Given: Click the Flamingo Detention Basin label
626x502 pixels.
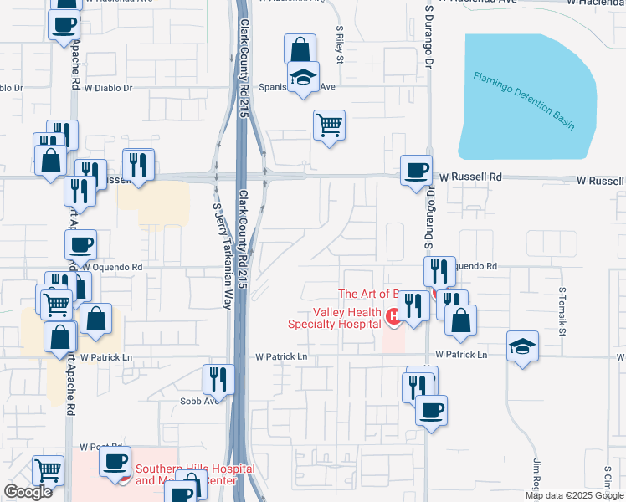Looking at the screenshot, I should pos(525,100).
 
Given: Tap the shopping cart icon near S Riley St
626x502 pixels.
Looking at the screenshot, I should pos(329,125).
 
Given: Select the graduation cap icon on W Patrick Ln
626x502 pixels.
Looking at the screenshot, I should pos(522,346).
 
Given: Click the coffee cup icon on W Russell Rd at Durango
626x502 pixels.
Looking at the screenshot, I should pos(416,171).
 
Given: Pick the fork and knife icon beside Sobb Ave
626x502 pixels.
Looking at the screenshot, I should pos(215,379).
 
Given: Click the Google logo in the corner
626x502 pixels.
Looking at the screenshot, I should pos(28,492).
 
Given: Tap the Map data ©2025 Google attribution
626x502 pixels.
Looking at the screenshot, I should pos(574,495).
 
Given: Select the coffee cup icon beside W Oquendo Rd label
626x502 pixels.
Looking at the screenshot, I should pos(80,244).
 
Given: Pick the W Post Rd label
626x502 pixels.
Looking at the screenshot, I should pos(95,448).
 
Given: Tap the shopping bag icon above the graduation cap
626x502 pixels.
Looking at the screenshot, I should pos(300,49).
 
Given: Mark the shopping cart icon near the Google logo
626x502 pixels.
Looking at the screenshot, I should pos(48,471).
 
